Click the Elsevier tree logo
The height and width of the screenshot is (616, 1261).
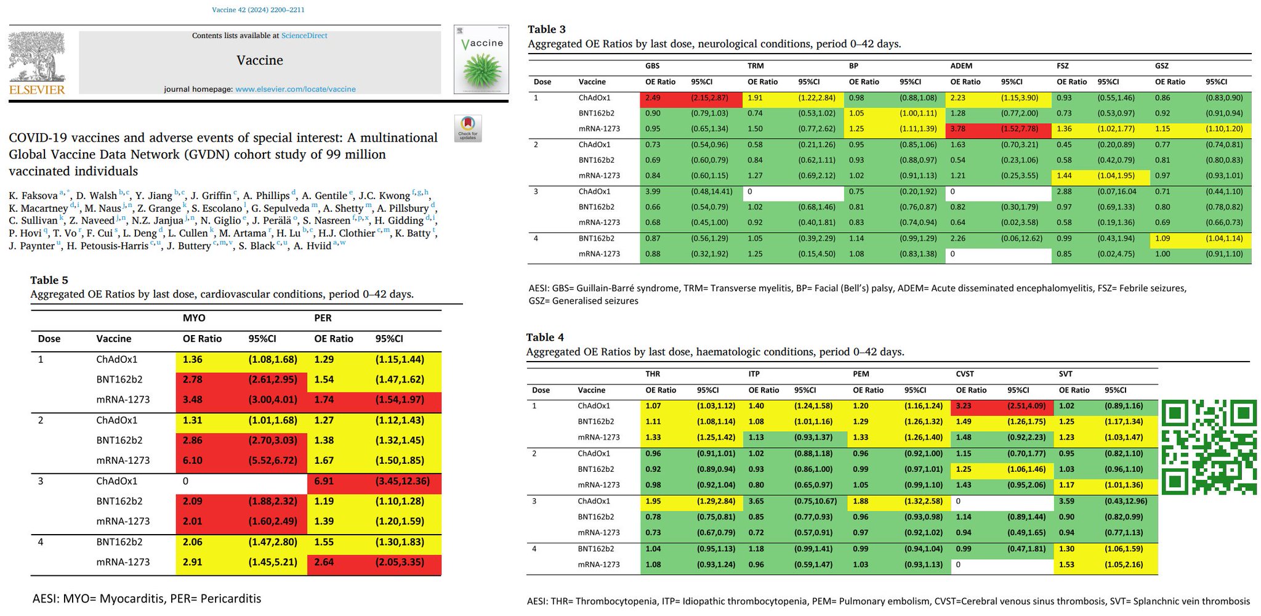tap(37, 57)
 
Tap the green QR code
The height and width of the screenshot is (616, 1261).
tap(1208, 447)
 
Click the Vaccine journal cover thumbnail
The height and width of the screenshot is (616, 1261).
tap(481, 59)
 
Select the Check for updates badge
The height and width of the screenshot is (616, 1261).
tap(467, 128)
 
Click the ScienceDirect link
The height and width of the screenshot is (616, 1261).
tap(304, 36)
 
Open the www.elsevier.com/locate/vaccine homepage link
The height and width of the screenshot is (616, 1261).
tap(296, 89)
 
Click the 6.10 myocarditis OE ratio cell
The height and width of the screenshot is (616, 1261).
tap(193, 461)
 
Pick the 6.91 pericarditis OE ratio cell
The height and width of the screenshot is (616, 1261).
tap(324, 481)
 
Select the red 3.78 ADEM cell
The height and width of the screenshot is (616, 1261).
tap(958, 129)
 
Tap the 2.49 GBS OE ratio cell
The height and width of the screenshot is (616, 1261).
tap(653, 98)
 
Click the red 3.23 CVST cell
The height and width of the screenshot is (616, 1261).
tap(964, 406)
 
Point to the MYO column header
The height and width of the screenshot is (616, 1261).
tap(194, 318)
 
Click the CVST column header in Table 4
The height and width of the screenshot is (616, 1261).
tap(965, 374)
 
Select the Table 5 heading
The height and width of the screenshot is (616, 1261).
tap(49, 281)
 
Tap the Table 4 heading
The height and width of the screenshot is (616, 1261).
tap(545, 337)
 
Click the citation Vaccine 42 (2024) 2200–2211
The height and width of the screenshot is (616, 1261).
tap(258, 10)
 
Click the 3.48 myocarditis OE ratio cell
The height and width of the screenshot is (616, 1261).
tap(193, 400)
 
